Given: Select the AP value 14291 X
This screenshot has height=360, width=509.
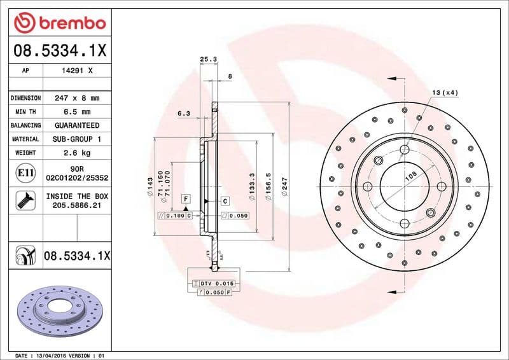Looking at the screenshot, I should click(76, 71).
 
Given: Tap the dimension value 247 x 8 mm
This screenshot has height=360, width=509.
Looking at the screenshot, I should click(76, 99).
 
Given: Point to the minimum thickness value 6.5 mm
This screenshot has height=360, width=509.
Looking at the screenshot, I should click(76, 112).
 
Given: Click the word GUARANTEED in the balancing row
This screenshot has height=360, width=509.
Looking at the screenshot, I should click(76, 125).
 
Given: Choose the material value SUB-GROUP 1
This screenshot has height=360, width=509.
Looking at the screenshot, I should click(76, 139).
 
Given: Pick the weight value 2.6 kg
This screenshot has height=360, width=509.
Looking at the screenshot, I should click(76, 153).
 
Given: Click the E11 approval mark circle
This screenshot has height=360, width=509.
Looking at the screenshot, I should click(24, 173).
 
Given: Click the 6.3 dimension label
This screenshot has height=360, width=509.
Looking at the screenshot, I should click(183, 114).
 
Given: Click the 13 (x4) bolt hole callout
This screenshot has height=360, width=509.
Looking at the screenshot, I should click(445, 93).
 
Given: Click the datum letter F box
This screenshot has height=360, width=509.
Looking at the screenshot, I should click(185, 199).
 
